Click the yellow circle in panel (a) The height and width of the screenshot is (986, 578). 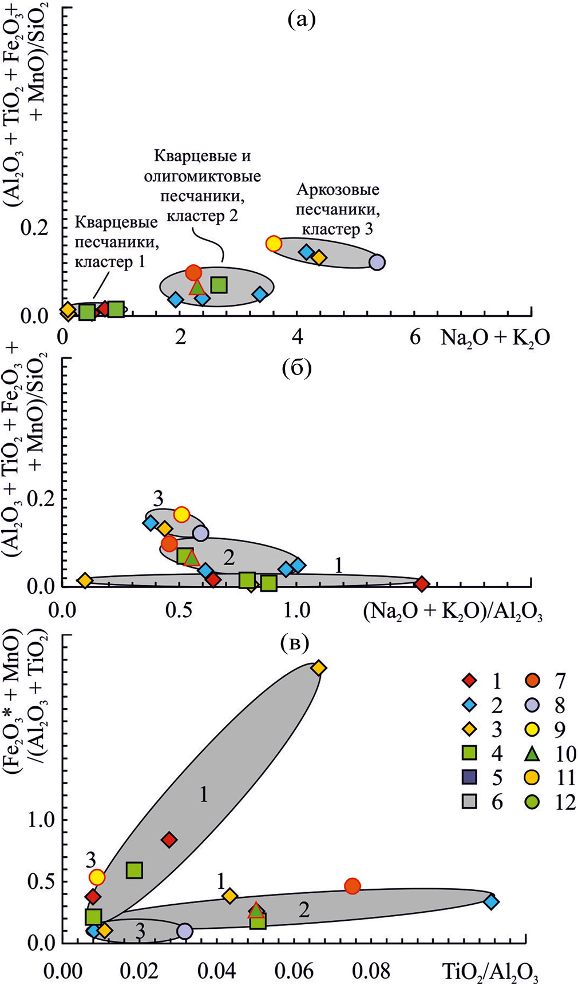point(274,244)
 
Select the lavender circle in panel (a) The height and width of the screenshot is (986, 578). point(377,263)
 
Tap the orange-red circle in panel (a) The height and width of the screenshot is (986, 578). point(194,273)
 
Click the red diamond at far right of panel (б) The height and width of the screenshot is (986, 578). point(422,584)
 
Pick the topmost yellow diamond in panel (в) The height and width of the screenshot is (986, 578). point(319,668)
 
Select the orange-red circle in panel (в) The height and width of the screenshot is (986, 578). point(353,886)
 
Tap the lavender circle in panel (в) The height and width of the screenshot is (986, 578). point(184,931)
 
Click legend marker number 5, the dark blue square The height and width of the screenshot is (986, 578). point(469,777)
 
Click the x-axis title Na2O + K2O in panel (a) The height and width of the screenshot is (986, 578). point(495,339)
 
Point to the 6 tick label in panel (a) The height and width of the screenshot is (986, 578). point(415,337)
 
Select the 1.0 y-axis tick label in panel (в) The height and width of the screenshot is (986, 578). point(42,820)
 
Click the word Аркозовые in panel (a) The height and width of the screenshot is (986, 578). point(337,190)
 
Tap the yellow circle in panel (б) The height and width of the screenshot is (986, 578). point(181,515)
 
